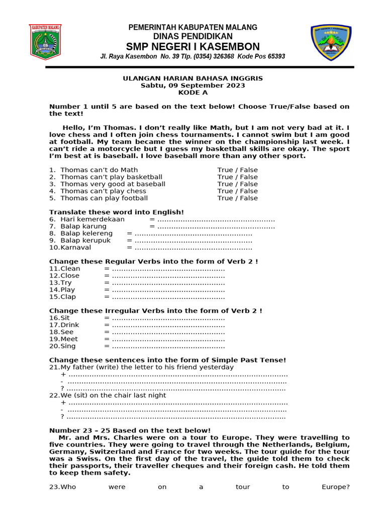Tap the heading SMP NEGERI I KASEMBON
[193, 47]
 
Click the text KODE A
[193, 93]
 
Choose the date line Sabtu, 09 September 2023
[193, 85]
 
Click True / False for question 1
[237, 170]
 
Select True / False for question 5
[237, 198]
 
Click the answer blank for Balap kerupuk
[194, 240]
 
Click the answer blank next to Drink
[168, 325]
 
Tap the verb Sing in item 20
[68, 346]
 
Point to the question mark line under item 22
[173, 416]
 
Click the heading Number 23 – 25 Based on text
[130, 431]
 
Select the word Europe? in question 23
[335, 487]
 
